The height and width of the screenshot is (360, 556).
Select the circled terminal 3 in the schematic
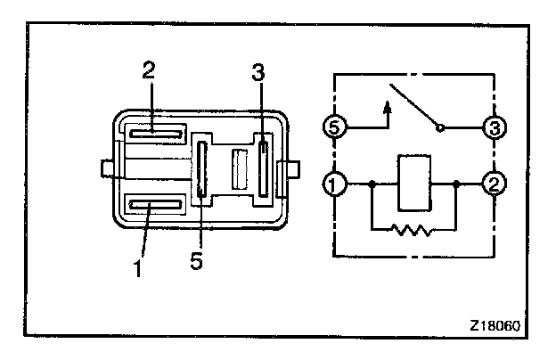tap(493, 127)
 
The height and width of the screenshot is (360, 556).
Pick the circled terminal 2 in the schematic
tap(493, 186)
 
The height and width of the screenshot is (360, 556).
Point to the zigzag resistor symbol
tap(413, 230)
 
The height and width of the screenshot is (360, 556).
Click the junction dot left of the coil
tap(371, 186)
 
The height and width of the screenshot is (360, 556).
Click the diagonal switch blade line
tap(412, 108)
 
